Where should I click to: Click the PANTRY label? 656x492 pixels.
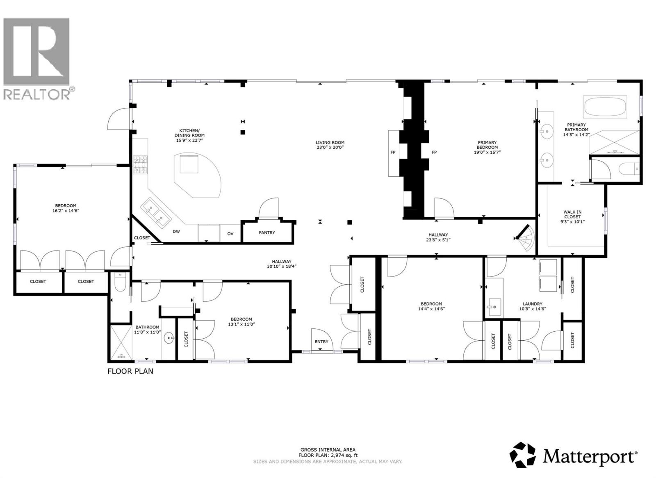coord(267,232)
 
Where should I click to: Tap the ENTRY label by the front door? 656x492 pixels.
coord(321,342)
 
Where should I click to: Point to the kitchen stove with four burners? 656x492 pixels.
coord(140,165)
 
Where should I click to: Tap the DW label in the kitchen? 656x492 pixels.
coord(176,232)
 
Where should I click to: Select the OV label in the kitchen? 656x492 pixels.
coord(230,234)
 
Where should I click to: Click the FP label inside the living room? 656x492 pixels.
coord(393,153)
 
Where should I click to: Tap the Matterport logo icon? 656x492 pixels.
coord(523,455)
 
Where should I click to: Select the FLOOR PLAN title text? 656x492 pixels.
coord(130,371)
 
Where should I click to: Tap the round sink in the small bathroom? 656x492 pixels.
coord(169,339)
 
